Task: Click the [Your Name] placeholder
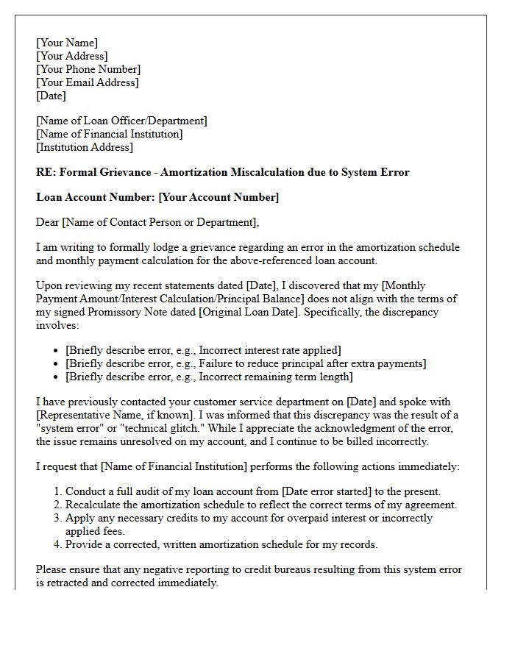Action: (67, 43)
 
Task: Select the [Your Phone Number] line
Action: (87, 69)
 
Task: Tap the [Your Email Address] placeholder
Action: (87, 82)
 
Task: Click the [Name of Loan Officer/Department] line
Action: (121, 121)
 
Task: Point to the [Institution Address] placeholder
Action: (85, 147)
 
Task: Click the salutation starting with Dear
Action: (148, 222)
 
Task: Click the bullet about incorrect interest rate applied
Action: (203, 350)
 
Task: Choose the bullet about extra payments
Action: (246, 363)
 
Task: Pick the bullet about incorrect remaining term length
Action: (209, 377)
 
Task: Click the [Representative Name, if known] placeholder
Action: (110, 415)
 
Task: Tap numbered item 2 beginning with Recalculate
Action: (260, 505)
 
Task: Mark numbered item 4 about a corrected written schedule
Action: (221, 544)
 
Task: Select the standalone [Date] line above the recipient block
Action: (51, 96)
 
